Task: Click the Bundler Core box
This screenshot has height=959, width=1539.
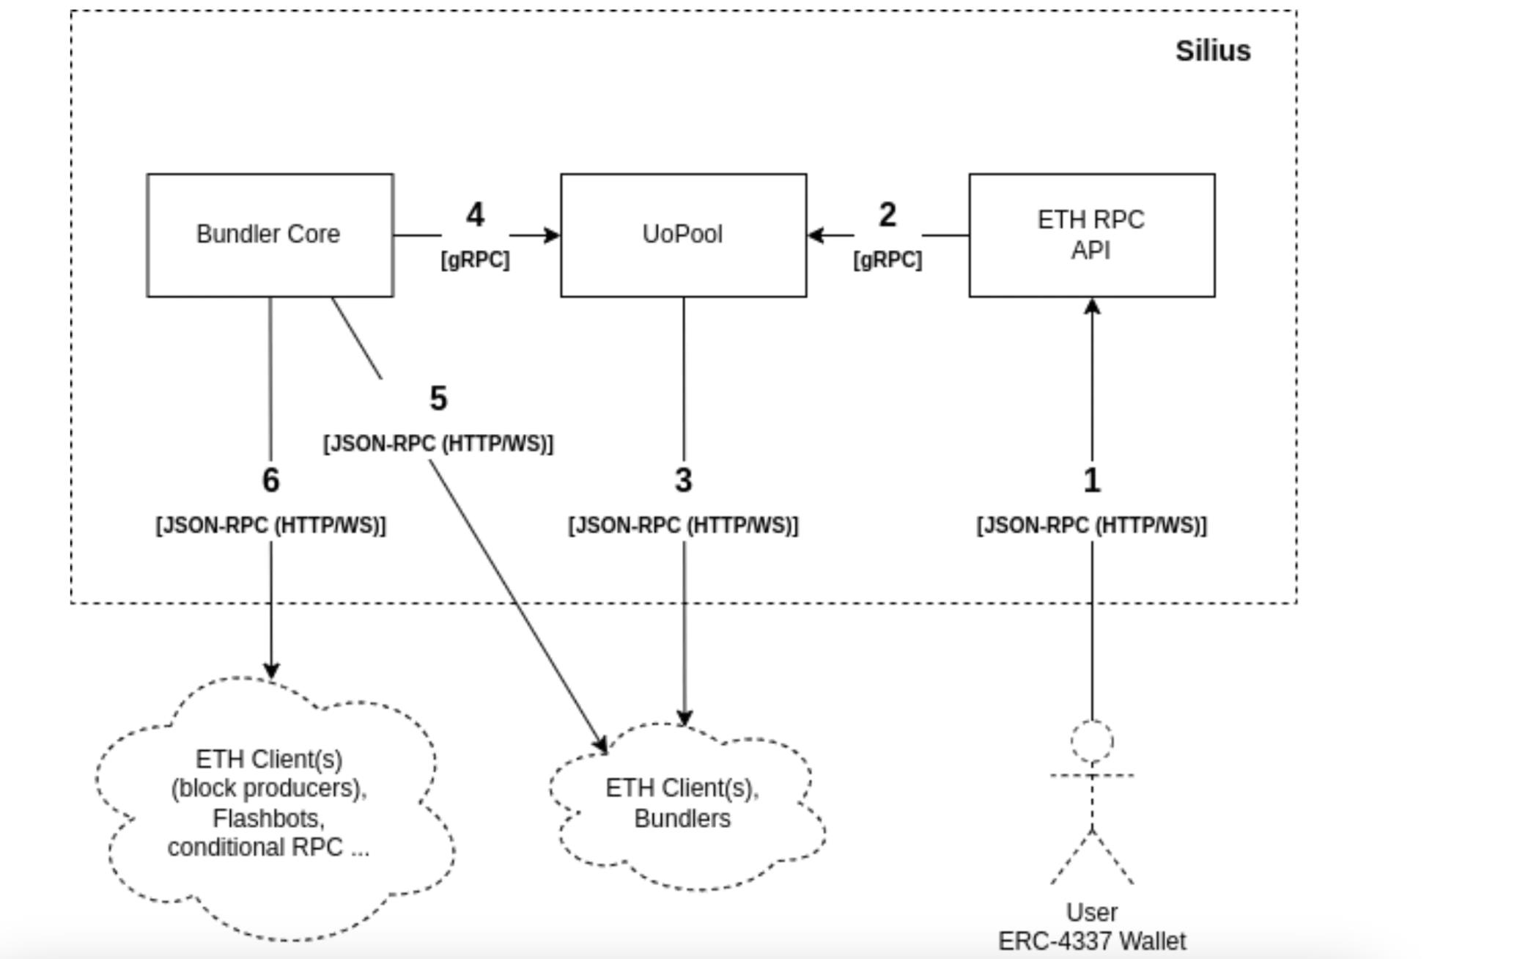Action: pos(270,235)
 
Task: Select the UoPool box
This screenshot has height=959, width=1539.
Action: pos(683,235)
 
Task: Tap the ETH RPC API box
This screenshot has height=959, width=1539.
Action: pos(1091,235)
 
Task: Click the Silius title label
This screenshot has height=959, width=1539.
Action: pos(1213,51)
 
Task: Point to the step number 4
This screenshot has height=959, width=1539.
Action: pos(475,215)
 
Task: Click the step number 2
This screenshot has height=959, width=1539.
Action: pos(887,215)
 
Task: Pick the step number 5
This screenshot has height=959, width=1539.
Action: pos(438,399)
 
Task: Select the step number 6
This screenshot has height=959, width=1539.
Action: pos(270,480)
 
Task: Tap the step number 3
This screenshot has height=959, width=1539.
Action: pos(683,480)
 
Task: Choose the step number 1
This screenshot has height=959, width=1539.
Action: pos(1092,480)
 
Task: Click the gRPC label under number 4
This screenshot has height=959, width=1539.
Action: pos(475,260)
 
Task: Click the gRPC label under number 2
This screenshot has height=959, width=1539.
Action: pos(887,260)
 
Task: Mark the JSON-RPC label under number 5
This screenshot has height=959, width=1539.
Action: pos(438,444)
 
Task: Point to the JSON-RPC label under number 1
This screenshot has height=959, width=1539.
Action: pos(1091,526)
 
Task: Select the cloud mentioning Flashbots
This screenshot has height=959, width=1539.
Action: pos(270,804)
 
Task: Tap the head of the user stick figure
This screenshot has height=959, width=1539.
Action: pos(1092,741)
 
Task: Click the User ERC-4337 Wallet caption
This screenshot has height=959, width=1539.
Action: pos(1092,927)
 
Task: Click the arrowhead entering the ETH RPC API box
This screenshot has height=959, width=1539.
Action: pos(1092,306)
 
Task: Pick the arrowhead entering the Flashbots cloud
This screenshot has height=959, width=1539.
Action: pos(271,671)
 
